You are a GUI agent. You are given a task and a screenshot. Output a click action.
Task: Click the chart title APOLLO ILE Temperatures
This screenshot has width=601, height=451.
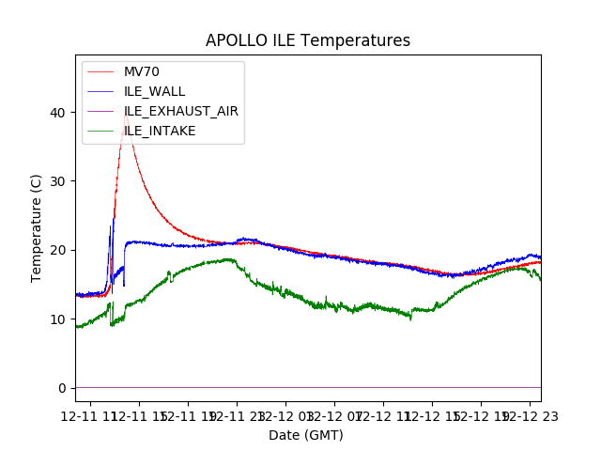coord(308,41)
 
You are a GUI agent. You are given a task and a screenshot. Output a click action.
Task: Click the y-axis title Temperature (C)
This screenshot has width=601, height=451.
coord(37,228)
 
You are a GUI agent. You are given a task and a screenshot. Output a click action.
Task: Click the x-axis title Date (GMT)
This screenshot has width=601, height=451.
coord(306,435)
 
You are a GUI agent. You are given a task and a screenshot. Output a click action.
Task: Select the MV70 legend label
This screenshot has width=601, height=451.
coord(142,71)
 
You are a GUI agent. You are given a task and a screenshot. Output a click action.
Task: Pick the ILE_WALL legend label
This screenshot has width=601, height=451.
coord(154,91)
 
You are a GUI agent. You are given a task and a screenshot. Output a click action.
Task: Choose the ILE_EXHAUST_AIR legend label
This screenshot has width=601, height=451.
coord(180,111)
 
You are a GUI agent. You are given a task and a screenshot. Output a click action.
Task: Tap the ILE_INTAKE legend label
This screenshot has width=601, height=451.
coord(160,131)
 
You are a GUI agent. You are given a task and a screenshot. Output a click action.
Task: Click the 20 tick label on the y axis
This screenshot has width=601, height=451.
coord(59,250)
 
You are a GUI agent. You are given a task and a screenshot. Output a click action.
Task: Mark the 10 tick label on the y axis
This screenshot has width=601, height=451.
coord(59,319)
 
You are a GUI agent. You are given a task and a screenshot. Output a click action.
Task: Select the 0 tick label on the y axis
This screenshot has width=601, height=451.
coord(63,388)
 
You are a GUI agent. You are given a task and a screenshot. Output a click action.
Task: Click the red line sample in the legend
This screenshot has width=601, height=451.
coord(102,71)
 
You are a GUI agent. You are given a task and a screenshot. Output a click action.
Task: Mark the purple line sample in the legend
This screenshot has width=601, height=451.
coord(102,111)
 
